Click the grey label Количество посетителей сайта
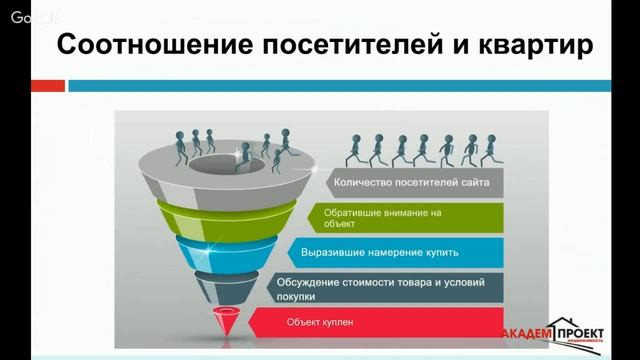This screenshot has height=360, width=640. [416, 183]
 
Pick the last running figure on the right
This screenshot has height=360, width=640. [490, 149]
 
